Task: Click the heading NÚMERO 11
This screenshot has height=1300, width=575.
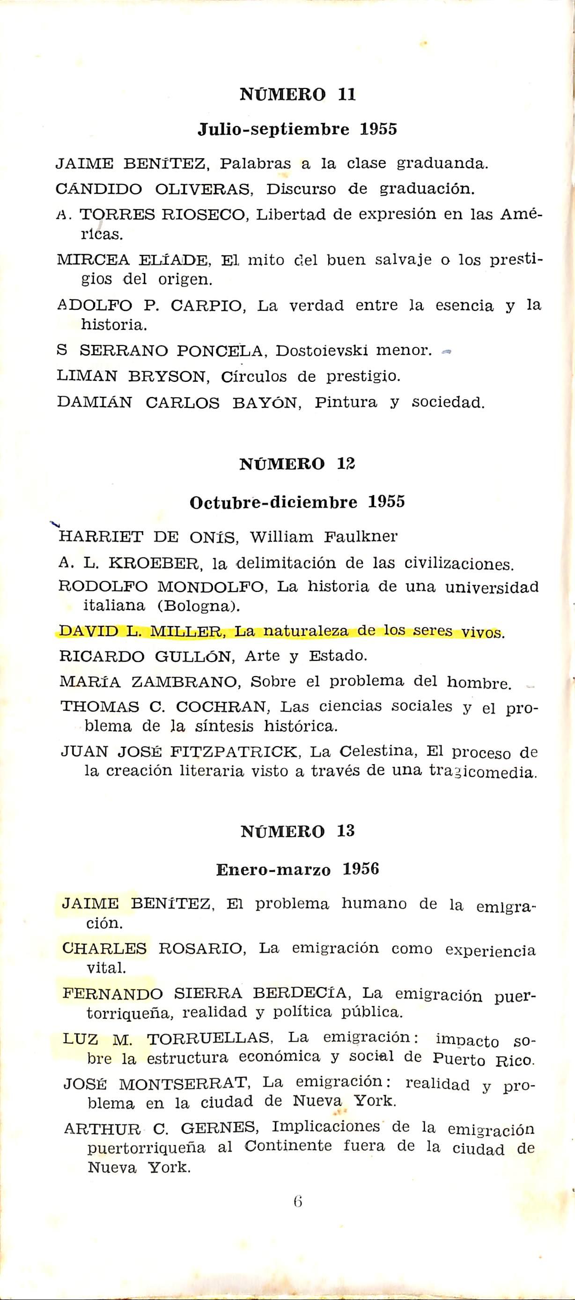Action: (297, 95)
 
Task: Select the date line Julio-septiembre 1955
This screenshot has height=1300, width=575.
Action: (297, 130)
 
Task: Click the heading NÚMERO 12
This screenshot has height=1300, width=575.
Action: (297, 464)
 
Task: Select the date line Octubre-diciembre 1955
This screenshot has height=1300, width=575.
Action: (297, 502)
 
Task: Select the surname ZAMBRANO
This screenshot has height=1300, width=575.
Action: (184, 682)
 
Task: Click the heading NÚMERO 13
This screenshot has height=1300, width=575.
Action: (297, 831)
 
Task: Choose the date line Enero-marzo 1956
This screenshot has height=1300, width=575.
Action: (297, 869)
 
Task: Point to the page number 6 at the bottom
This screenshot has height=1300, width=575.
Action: (297, 1202)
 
